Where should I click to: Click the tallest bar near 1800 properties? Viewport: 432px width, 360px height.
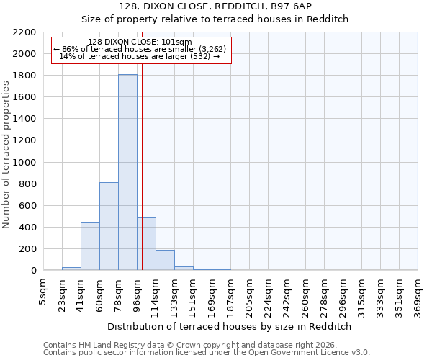coord(127,173)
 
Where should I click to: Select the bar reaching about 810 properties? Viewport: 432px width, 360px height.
coord(109,227)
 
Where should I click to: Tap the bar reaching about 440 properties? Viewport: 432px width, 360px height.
coord(90,246)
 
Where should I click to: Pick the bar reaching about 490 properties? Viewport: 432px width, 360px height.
coord(146,244)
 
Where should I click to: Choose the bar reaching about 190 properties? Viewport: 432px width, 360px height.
coord(165,260)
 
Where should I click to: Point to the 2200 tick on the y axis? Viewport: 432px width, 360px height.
coord(27,32)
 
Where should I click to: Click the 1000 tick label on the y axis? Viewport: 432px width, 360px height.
coord(27,163)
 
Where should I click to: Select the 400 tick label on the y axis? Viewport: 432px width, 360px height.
coord(30,228)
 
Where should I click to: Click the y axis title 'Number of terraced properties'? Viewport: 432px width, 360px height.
coord(7,155)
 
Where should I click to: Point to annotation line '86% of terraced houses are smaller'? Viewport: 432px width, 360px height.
coord(140,49)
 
